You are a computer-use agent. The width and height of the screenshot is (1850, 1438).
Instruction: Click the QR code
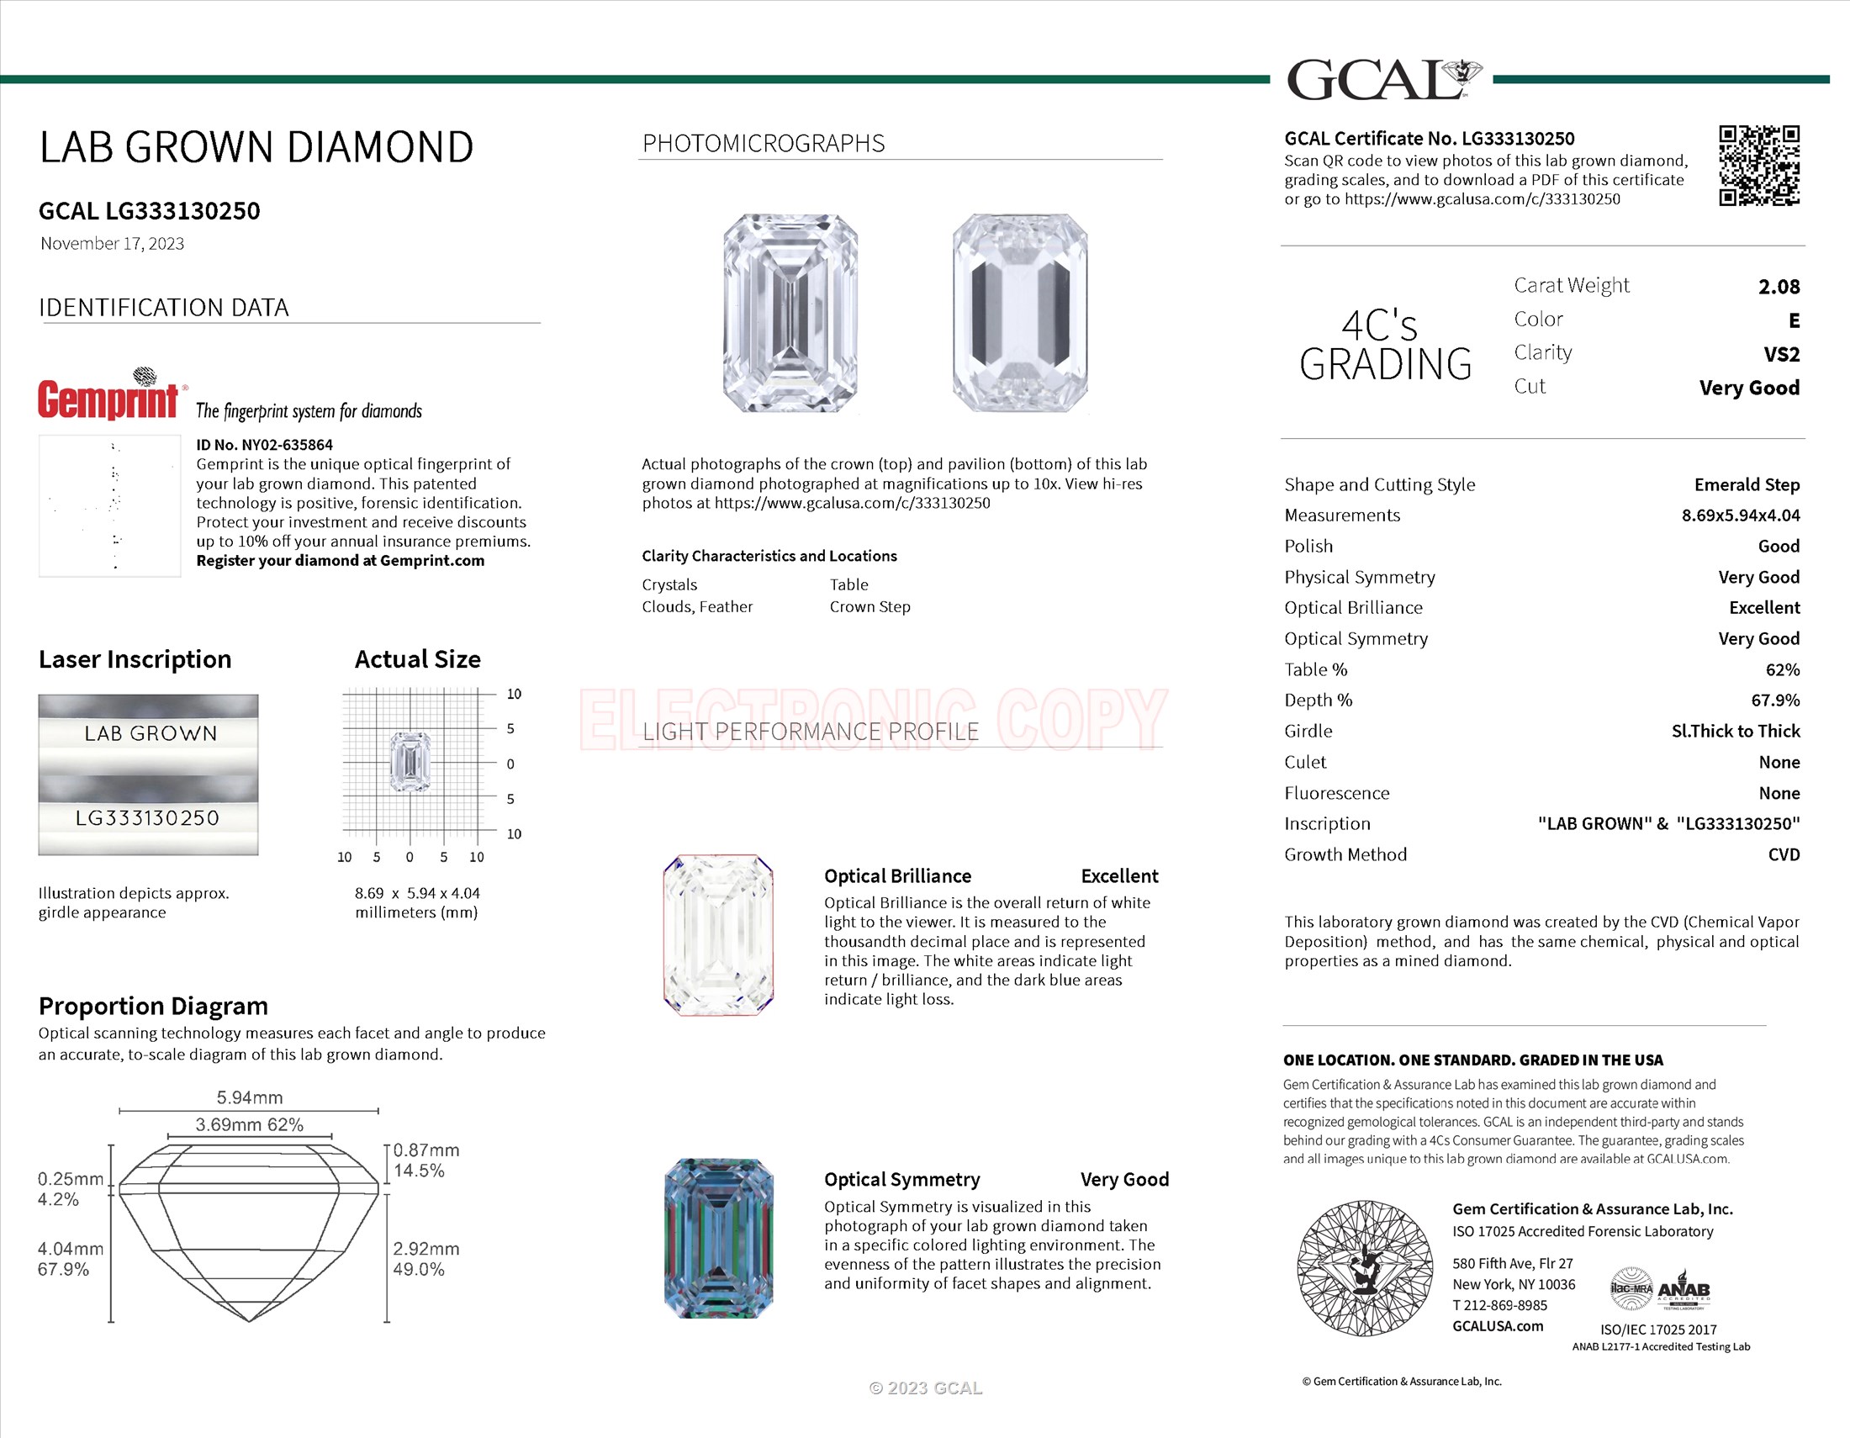tap(1758, 166)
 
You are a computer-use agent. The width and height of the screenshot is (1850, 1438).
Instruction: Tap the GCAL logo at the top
tap(1382, 80)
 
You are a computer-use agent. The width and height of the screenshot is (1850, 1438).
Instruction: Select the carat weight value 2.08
tap(1778, 287)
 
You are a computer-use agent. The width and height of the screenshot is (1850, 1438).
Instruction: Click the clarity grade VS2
tap(1780, 354)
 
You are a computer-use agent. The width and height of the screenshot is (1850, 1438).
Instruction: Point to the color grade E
tap(1794, 321)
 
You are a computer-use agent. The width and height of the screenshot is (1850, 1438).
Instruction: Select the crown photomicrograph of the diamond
tap(790, 314)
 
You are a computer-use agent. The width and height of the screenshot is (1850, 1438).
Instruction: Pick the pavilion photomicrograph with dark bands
tap(1020, 314)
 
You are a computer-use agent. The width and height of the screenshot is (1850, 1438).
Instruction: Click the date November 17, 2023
tap(113, 244)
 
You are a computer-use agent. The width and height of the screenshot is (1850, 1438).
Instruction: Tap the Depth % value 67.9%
tap(1774, 700)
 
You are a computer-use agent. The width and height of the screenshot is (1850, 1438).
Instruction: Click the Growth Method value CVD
tap(1783, 854)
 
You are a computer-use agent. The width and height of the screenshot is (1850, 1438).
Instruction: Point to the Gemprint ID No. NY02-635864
tap(264, 445)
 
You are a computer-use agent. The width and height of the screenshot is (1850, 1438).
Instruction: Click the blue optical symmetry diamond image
tap(718, 1237)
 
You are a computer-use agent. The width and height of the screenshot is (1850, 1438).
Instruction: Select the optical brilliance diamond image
tap(718, 935)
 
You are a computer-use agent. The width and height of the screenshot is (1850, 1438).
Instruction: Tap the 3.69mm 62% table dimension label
tap(249, 1124)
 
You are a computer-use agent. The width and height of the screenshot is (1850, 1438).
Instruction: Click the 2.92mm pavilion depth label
tap(426, 1248)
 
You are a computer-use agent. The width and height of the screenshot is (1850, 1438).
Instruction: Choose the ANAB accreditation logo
tap(1683, 1290)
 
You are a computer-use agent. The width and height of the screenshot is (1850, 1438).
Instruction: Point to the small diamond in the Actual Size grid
tap(410, 762)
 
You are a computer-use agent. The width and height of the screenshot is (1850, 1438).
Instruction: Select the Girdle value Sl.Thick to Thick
tap(1735, 731)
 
